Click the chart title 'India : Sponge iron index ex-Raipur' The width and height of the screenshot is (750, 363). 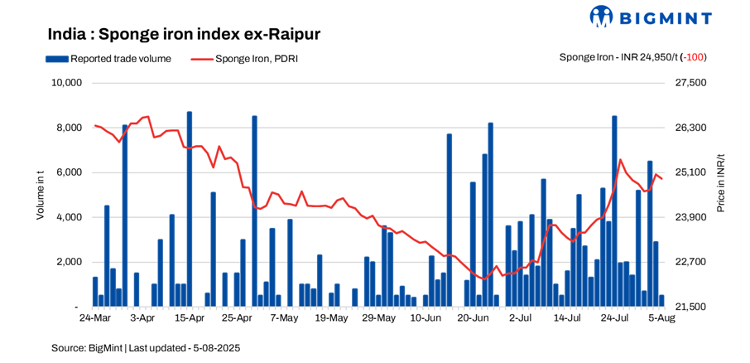pyautogui.click(x=183, y=34)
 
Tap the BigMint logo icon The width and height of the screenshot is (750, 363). pyautogui.click(x=602, y=17)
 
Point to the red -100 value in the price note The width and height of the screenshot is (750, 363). pyautogui.click(x=695, y=57)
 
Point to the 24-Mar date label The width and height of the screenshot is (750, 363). pyautogui.click(x=94, y=317)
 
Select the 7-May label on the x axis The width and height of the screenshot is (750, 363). pyautogui.click(x=284, y=317)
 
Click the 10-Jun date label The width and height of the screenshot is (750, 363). pyautogui.click(x=425, y=317)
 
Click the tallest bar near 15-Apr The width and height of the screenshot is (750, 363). pyautogui.click(x=190, y=207)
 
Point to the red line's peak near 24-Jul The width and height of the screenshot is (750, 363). pyautogui.click(x=620, y=160)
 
